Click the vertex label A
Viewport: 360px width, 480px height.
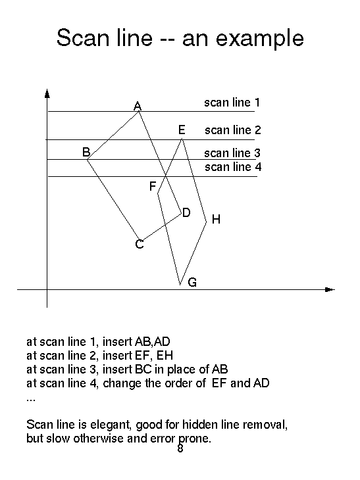(138, 106)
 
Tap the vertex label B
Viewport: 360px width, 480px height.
(86, 152)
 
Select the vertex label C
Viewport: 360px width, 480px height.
(140, 245)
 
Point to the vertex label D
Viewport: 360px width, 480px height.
(186, 212)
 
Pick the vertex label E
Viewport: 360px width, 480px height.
(182, 130)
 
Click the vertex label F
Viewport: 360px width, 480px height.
(153, 186)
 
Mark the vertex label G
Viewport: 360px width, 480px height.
(192, 282)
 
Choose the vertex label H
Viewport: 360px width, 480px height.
(216, 219)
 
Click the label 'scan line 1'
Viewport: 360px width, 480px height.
(232, 102)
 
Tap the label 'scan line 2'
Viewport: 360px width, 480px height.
(233, 130)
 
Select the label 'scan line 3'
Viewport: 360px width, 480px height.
(232, 153)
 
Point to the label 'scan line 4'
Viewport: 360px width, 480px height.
(233, 167)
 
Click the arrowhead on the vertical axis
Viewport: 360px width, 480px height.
(47, 93)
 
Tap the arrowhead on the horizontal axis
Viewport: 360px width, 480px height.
(330, 289)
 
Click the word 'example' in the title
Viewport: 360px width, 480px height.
(260, 38)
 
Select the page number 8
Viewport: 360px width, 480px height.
(180, 448)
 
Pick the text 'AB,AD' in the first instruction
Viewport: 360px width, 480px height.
(152, 342)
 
